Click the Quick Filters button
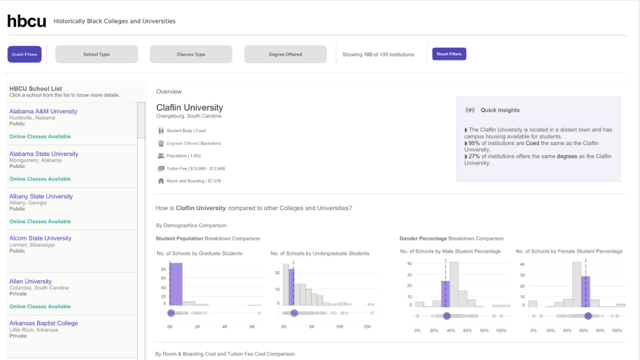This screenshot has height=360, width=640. (x=25, y=54)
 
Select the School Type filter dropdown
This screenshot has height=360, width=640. (x=97, y=54)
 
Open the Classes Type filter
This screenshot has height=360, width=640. (x=191, y=54)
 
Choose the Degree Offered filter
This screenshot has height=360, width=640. (x=285, y=54)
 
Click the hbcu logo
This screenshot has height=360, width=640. (x=26, y=21)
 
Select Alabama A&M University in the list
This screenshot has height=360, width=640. (x=43, y=111)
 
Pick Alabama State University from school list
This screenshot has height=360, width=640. (x=44, y=154)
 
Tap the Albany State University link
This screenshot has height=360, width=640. (x=41, y=196)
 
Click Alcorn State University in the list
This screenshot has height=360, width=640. (x=40, y=238)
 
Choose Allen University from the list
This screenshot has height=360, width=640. (x=30, y=282)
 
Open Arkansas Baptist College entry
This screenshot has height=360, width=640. (x=43, y=323)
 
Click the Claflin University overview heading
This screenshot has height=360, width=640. (x=189, y=108)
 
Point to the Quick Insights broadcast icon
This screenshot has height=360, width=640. (x=470, y=110)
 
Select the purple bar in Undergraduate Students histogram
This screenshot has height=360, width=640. (x=291, y=287)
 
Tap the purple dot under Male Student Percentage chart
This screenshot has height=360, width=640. (x=446, y=316)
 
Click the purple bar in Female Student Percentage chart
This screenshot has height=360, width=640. (x=585, y=291)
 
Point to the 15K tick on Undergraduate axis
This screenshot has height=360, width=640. (x=367, y=326)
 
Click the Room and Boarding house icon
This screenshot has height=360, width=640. (x=161, y=181)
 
